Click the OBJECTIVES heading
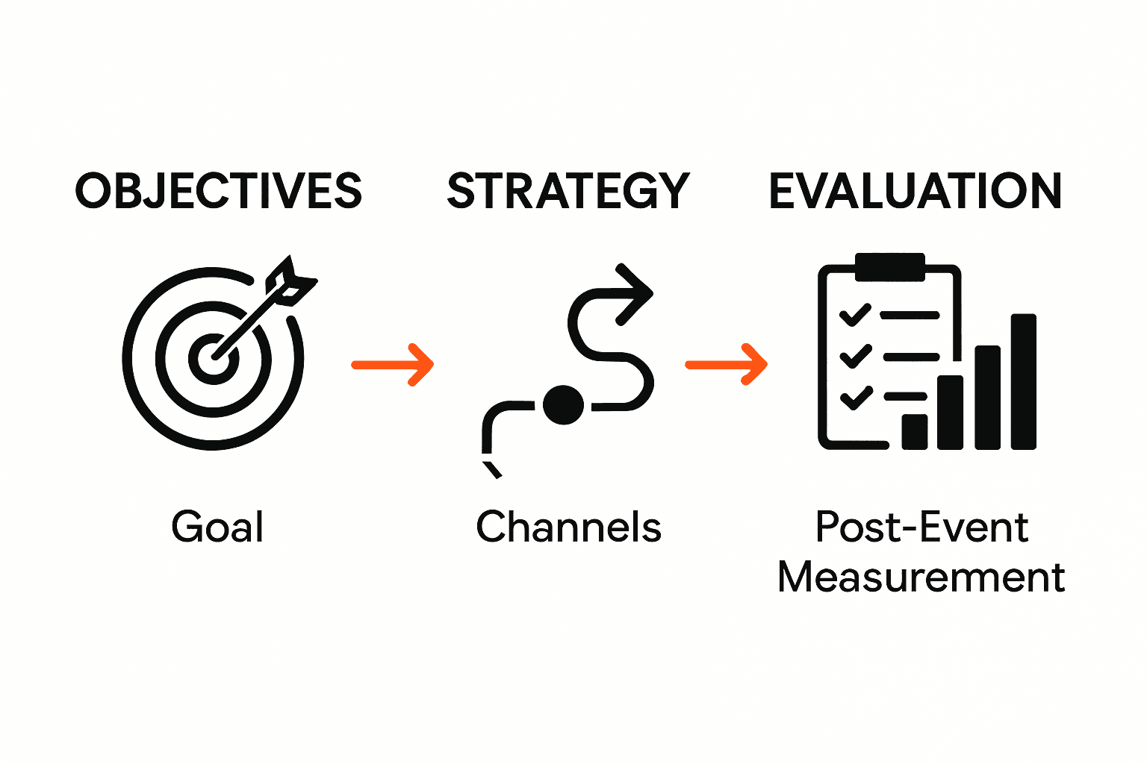(218, 191)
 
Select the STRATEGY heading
(568, 191)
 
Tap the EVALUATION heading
(915, 191)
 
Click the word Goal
(217, 527)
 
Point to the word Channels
(568, 527)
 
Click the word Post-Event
(921, 527)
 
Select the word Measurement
(921, 577)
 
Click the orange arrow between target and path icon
(393, 364)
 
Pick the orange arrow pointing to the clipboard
(727, 364)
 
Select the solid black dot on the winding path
(563, 405)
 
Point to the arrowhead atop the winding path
(635, 292)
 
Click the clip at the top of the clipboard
(889, 266)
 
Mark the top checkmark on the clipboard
(855, 314)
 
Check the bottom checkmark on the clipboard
(856, 397)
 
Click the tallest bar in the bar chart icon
(1023, 381)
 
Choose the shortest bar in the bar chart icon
(914, 430)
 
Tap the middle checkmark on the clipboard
(855, 356)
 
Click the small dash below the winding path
(492, 469)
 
